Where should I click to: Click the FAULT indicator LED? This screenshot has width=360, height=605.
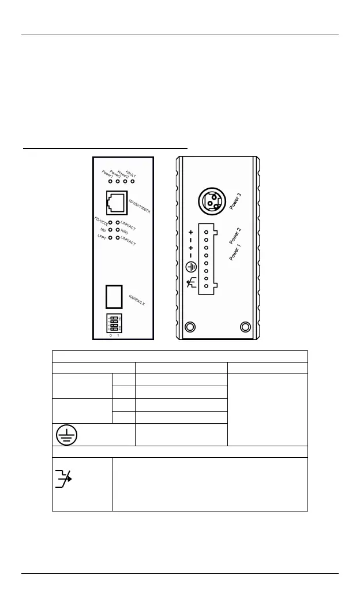[x=133, y=181]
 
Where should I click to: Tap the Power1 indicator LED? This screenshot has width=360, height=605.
[x=110, y=181]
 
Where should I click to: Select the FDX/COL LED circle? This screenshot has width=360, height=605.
[x=110, y=222]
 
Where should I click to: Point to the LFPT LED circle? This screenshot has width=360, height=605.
[x=110, y=237]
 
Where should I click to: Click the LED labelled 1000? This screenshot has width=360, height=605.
[x=118, y=230]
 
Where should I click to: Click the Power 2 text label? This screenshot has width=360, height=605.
[x=235, y=237]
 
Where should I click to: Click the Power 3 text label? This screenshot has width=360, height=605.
[x=235, y=200]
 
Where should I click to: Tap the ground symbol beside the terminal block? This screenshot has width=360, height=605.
[x=191, y=268]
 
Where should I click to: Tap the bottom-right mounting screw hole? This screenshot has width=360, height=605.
[x=245, y=328]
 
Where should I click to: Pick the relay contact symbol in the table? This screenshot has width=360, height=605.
[x=63, y=479]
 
